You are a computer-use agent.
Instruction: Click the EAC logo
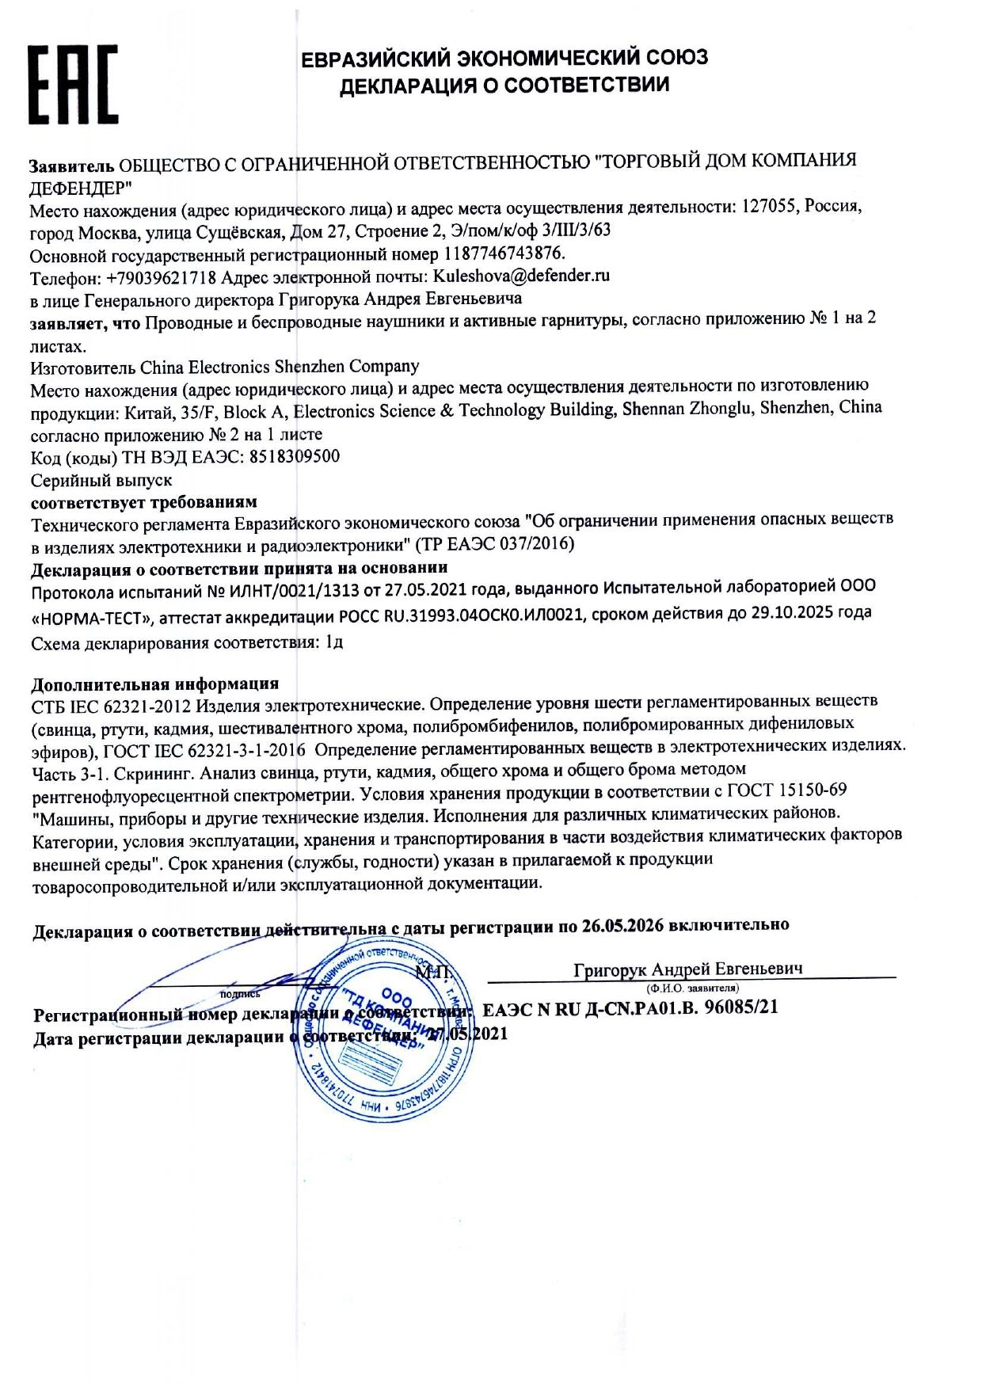pyautogui.click(x=73, y=85)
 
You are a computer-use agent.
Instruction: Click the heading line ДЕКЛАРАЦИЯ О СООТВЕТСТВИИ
pyautogui.click(x=504, y=85)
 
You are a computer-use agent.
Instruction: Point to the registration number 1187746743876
pyautogui.click(x=504, y=253)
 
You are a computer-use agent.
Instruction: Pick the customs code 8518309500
pyautogui.click(x=295, y=456)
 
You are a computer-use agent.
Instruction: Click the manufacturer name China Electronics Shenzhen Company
pyautogui.click(x=280, y=367)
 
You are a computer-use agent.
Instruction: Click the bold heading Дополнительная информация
pyautogui.click(x=154, y=684)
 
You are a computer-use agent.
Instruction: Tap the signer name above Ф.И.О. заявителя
pyautogui.click(x=687, y=969)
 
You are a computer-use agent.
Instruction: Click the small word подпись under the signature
pyautogui.click(x=240, y=993)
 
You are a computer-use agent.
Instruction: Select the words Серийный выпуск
pyautogui.click(x=101, y=480)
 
